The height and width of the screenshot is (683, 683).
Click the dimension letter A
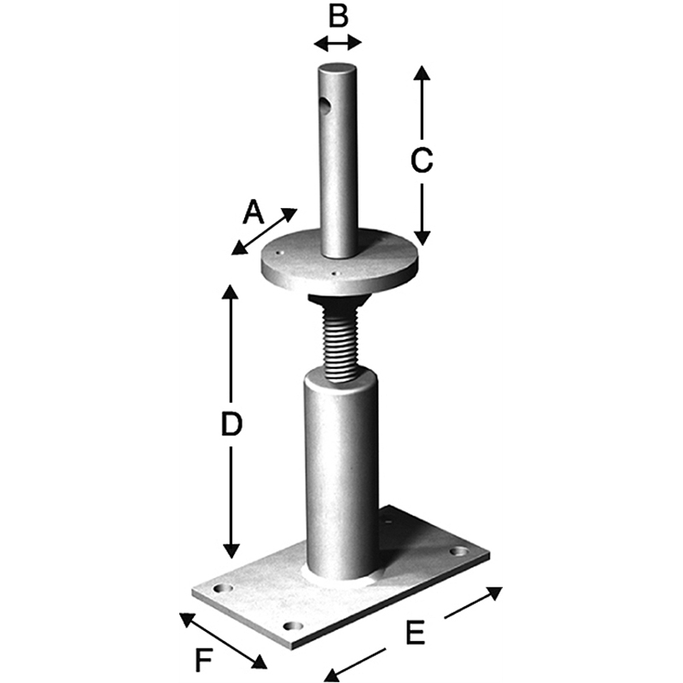click(x=254, y=212)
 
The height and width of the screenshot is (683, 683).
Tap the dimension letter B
click(x=338, y=16)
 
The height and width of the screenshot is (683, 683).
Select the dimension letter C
click(x=422, y=161)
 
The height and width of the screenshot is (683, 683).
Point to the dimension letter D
click(x=231, y=424)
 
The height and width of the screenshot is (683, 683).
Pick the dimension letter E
click(x=415, y=633)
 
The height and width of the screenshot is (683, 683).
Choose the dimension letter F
click(x=203, y=660)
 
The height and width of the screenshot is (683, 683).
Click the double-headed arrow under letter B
click(x=338, y=44)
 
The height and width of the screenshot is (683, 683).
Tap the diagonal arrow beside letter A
click(x=264, y=231)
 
